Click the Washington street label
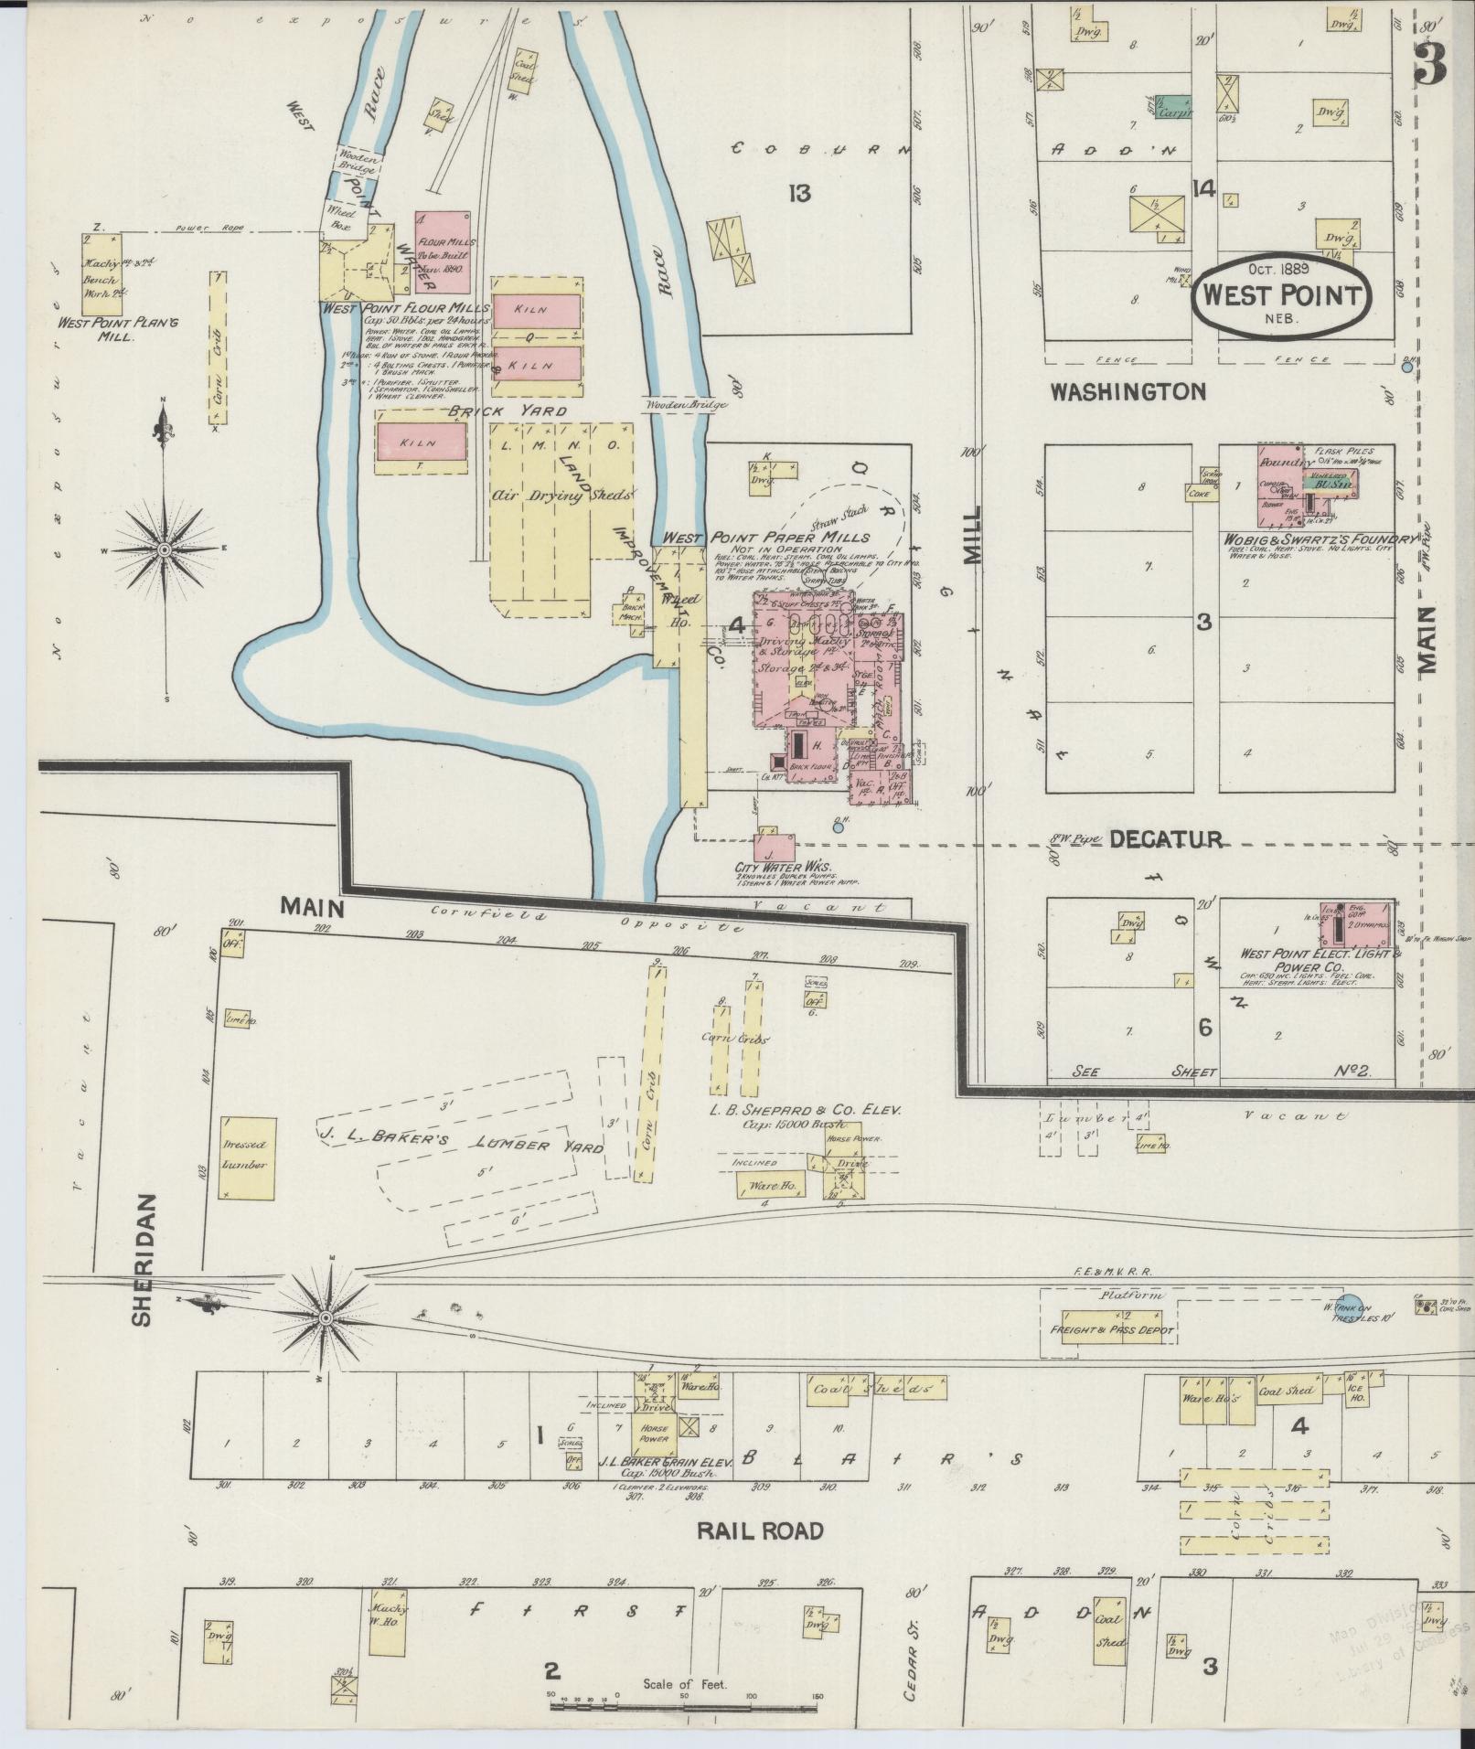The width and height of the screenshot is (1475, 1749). coord(1128,392)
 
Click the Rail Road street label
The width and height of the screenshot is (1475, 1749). coord(760,1530)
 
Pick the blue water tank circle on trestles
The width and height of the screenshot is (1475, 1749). coord(1349,1306)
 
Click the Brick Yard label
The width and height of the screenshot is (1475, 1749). coord(507,411)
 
